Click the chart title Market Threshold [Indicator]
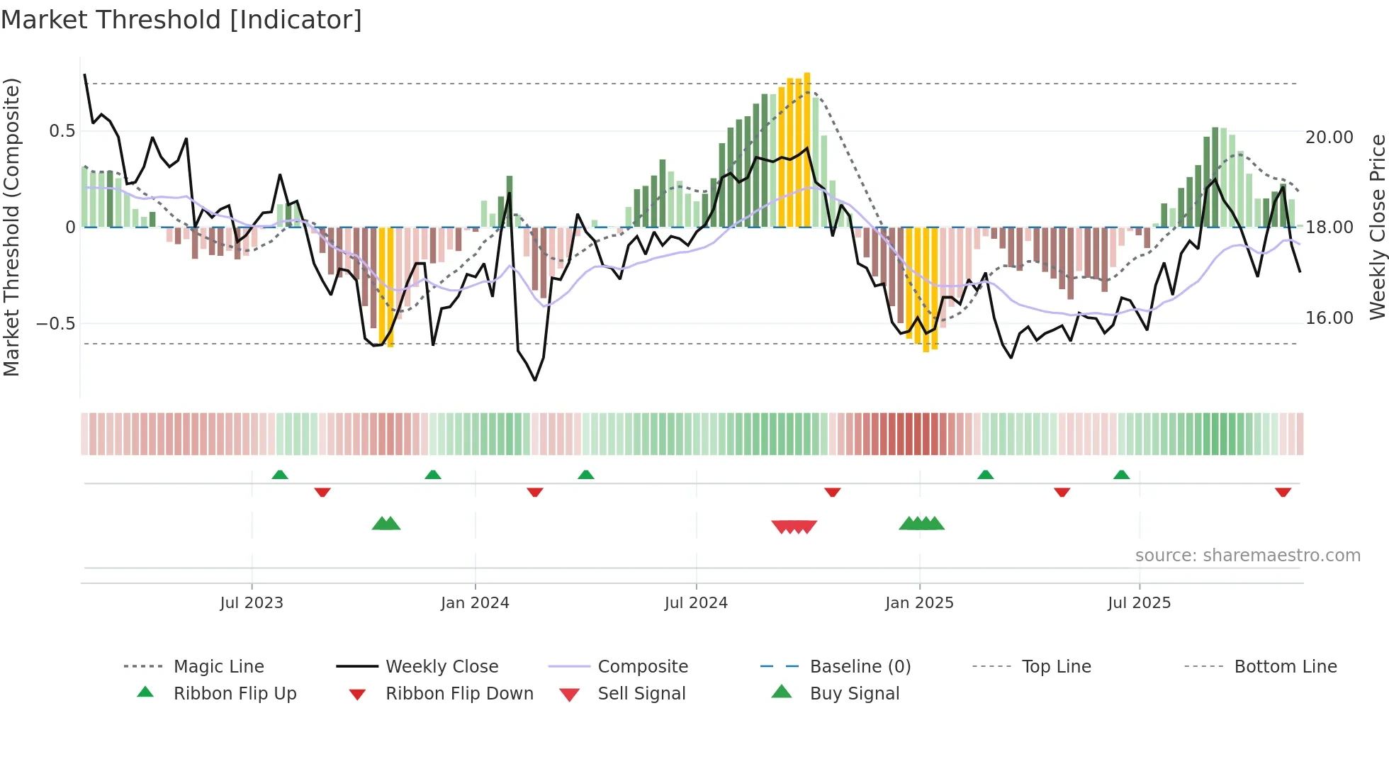coord(181,20)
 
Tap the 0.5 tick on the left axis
coord(62,131)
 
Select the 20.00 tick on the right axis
coord(1329,137)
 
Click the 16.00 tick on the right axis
coord(1329,318)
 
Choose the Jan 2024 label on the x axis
coord(475,603)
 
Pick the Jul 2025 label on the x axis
coord(1139,603)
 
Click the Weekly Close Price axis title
coord(1377,227)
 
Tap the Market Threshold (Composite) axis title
coord(11,227)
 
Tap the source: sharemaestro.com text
coord(1247,556)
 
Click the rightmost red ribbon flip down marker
coord(1283,492)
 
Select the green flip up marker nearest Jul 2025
coord(1121,475)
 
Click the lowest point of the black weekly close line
coord(535,380)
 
